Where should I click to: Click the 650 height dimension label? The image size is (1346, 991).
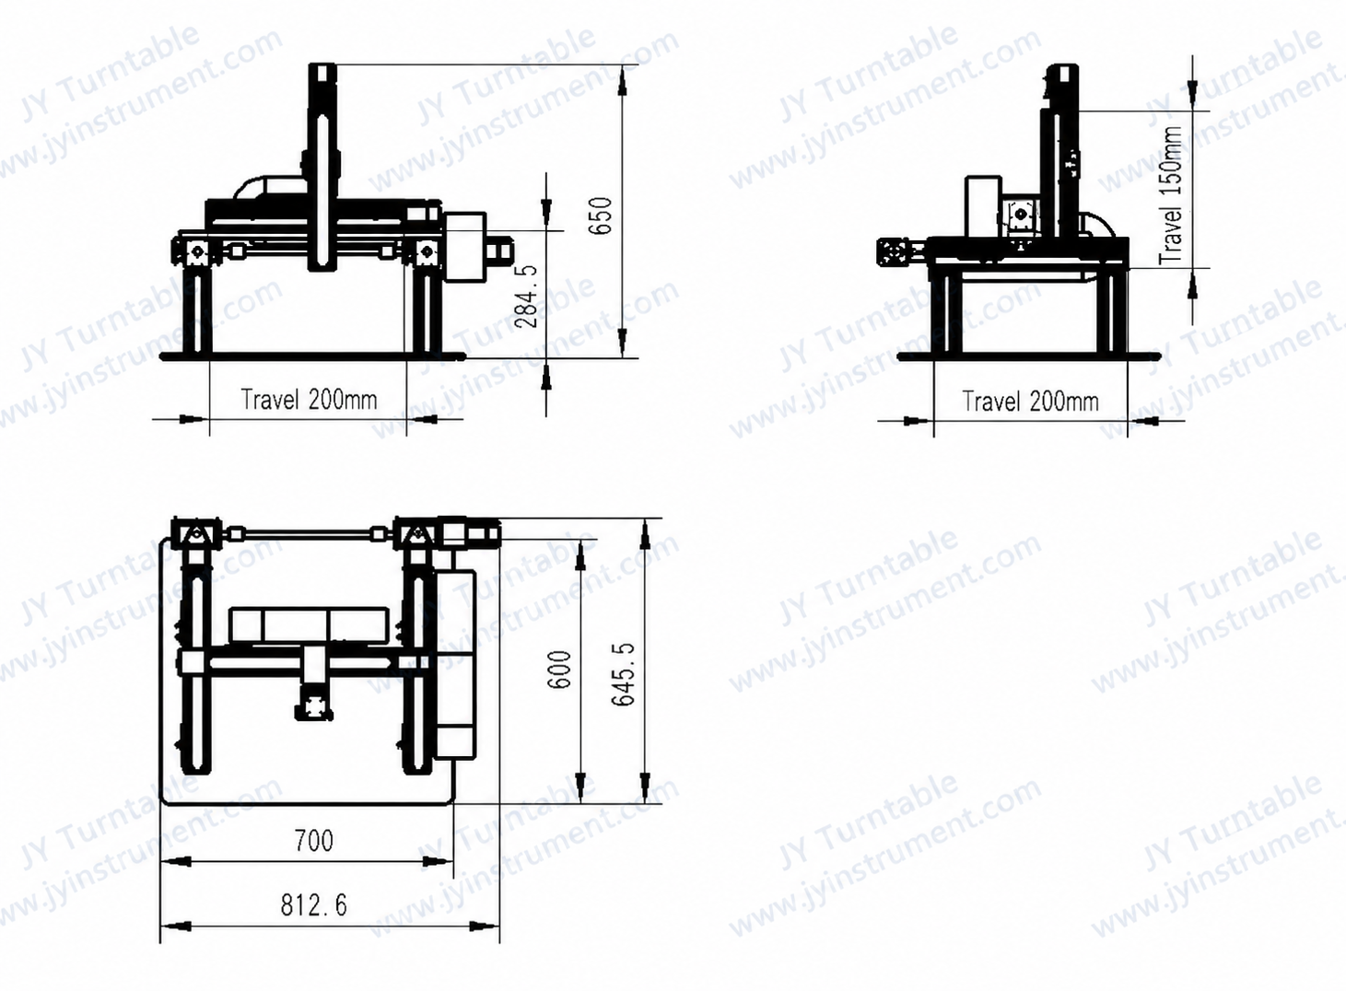click(602, 216)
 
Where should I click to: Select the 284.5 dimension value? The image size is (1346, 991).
click(526, 297)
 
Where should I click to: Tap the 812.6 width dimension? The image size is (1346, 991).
click(313, 904)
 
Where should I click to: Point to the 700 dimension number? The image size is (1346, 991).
click(313, 840)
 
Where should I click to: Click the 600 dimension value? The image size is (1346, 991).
click(560, 670)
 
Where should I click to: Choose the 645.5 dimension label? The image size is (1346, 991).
click(623, 674)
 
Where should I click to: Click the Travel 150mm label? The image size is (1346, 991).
click(1171, 195)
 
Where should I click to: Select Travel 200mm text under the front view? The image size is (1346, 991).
click(309, 400)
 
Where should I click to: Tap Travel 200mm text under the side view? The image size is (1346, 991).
click(1031, 402)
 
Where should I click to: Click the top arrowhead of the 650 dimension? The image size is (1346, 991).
click(623, 80)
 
